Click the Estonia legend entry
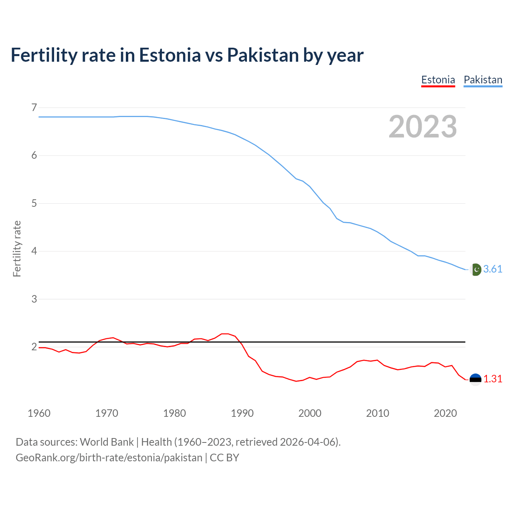(438, 80)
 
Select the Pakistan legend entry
(483, 80)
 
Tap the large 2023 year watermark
(423, 127)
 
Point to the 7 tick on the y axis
(34, 107)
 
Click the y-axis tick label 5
(34, 203)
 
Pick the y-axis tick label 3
(34, 299)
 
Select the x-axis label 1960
(39, 413)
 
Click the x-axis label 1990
(242, 413)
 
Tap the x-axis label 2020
(445, 413)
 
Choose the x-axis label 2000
(310, 413)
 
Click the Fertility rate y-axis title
(17, 248)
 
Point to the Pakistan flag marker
(475, 270)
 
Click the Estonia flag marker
(475, 379)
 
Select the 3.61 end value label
(493, 269)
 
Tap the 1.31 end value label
(493, 379)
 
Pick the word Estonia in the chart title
(170, 55)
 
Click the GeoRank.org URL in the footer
(109, 458)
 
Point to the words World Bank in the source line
(107, 442)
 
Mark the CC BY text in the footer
(224, 458)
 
